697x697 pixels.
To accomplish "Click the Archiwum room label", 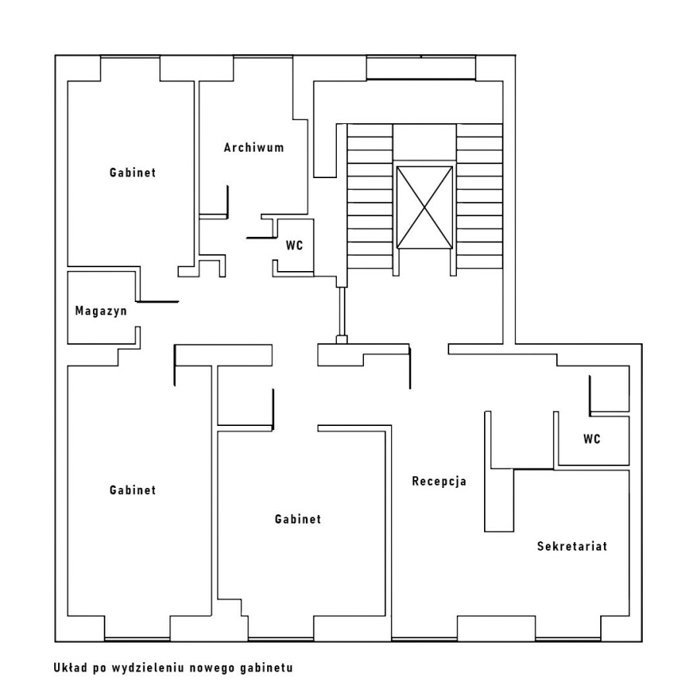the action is click(x=254, y=148).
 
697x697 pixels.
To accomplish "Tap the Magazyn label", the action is click(x=101, y=311).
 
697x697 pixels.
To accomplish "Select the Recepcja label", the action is click(x=439, y=482).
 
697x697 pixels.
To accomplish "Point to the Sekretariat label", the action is click(x=572, y=546).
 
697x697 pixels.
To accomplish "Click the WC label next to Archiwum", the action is click(x=294, y=245).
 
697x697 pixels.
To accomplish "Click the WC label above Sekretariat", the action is click(x=592, y=439).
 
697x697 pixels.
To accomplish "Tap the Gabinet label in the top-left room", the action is click(x=132, y=173).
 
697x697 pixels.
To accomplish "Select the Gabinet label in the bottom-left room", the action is click(x=132, y=490).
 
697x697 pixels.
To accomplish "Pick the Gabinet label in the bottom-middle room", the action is click(x=298, y=519).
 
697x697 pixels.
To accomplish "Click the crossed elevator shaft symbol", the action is click(x=424, y=207).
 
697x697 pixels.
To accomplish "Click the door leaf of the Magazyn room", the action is click(x=157, y=302).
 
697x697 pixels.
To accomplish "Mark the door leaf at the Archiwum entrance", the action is click(x=228, y=202).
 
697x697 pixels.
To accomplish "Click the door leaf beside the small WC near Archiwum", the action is click(x=259, y=238).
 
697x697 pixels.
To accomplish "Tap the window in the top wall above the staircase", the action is click(x=421, y=68).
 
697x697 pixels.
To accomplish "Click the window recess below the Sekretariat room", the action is click(x=496, y=629).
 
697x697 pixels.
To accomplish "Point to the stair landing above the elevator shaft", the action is click(x=424, y=142).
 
